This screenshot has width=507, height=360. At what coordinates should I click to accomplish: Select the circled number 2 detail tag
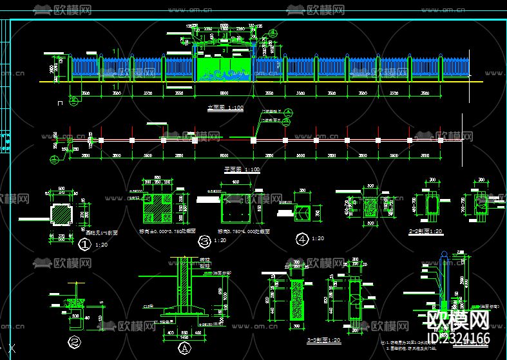pyautogui.click(x=75, y=342)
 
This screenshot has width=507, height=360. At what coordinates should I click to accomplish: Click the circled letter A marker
pyautogui.click(x=183, y=348)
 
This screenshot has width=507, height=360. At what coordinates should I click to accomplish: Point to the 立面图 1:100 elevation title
pyautogui.click(x=225, y=108)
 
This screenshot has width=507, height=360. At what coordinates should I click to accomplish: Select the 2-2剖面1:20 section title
pyautogui.click(x=425, y=231)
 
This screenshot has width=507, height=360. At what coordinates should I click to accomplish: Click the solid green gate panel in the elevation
pyautogui.click(x=224, y=68)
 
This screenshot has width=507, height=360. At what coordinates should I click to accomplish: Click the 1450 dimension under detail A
pyautogui.click(x=184, y=337)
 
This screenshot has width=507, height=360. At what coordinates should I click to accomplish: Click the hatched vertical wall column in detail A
pyautogui.click(x=184, y=283)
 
